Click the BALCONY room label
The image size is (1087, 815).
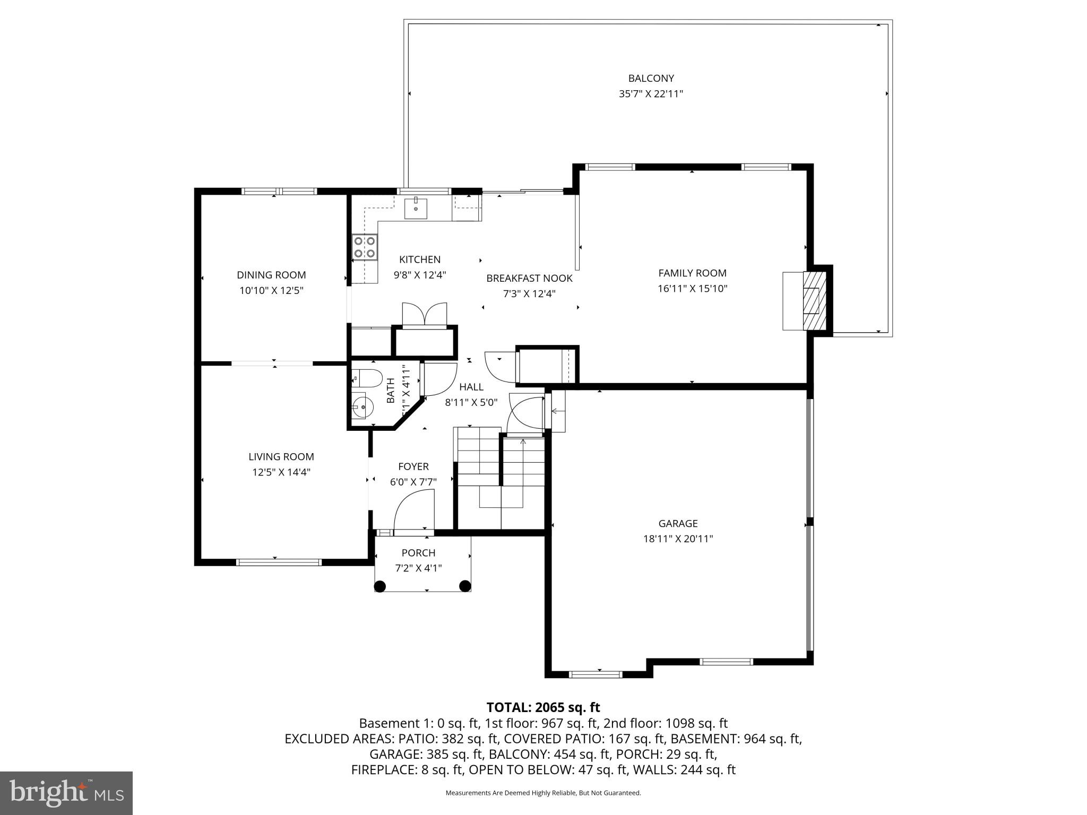point(651,79)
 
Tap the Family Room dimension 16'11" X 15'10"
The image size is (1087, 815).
point(692,289)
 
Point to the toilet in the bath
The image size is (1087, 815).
point(367,378)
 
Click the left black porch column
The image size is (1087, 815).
point(379,586)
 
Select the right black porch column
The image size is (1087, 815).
point(465,586)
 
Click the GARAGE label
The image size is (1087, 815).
point(678,524)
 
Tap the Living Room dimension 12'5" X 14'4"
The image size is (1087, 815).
point(281,472)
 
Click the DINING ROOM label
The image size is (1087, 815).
point(271,275)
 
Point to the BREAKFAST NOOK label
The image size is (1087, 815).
point(529,279)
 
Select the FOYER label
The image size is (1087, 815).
point(413,466)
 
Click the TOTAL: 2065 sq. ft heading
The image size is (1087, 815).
point(543,707)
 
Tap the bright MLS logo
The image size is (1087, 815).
point(66,793)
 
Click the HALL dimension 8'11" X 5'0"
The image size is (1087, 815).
point(471,403)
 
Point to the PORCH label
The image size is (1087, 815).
point(418,553)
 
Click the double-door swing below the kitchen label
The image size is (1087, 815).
point(425,314)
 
